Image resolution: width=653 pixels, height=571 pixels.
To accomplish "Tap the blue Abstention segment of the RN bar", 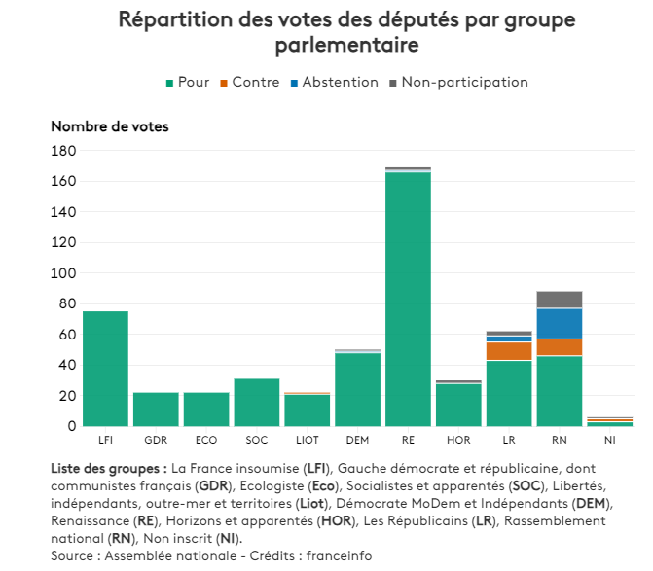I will [x=560, y=323].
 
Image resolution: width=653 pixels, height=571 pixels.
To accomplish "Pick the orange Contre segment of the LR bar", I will [x=509, y=351].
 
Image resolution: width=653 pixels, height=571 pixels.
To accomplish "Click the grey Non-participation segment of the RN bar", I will [x=560, y=300].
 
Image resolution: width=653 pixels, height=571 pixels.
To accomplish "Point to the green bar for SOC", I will [x=257, y=402].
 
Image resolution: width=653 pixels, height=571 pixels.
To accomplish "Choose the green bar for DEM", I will [x=357, y=389].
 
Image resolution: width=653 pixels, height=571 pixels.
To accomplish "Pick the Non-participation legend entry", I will [x=457, y=83].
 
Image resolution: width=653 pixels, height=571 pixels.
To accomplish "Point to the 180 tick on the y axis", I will [x=64, y=151].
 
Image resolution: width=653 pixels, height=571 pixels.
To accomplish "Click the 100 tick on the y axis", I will [x=64, y=273].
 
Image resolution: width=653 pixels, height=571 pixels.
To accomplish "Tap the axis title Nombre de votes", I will [x=109, y=126].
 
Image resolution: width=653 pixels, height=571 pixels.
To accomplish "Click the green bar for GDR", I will [x=156, y=409].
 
